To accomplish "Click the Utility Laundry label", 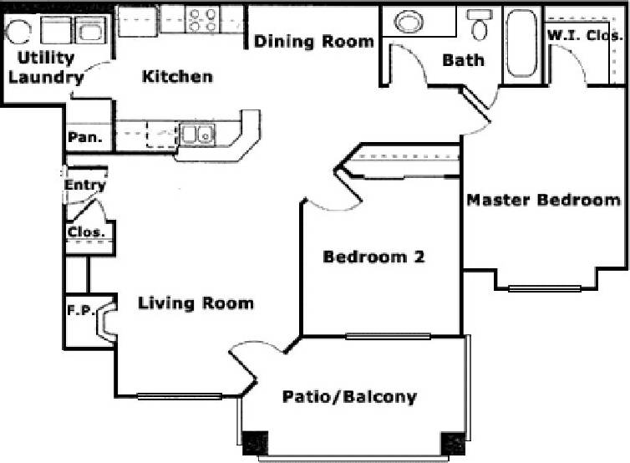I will [46, 69].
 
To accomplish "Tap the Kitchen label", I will [177, 77].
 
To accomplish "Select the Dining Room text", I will [313, 41].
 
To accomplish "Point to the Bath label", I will [463, 60].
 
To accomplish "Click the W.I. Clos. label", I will [584, 35].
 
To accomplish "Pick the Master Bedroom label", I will [543, 200].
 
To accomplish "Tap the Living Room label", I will [196, 303].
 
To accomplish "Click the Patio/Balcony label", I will [348, 396].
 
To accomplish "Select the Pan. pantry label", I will [85, 137].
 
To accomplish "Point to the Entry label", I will [85, 186].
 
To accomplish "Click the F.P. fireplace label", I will [79, 310].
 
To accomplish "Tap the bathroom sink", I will [409, 22].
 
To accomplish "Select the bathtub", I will [523, 46].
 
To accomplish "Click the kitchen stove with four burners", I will [201, 20].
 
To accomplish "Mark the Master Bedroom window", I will [545, 289].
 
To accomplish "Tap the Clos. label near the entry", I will [85, 231].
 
